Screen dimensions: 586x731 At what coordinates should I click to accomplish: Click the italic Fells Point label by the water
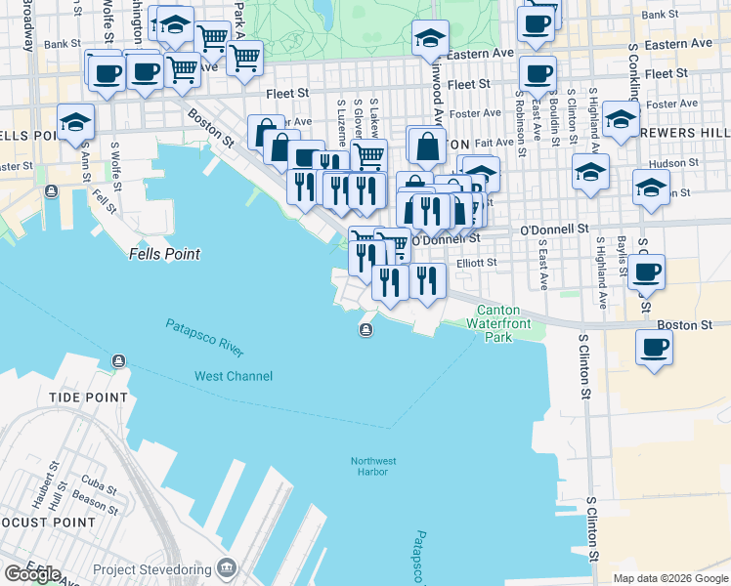click(164, 254)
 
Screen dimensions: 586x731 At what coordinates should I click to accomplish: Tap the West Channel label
click(234, 376)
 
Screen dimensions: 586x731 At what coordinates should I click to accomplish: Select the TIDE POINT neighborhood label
click(89, 398)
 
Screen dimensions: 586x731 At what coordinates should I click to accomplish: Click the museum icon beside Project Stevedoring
click(227, 567)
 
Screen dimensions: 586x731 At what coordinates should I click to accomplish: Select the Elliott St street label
click(477, 262)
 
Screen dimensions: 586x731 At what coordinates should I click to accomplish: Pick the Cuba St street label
click(93, 480)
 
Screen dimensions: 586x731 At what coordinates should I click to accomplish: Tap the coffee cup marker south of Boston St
click(654, 347)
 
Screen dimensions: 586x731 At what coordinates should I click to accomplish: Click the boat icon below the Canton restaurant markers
click(365, 329)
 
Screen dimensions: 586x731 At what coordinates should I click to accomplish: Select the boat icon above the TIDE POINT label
click(118, 361)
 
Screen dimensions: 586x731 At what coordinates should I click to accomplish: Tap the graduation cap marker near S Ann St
click(74, 122)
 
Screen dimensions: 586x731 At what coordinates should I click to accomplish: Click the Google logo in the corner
click(32, 573)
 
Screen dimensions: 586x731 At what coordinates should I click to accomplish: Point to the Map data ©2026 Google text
click(669, 578)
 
